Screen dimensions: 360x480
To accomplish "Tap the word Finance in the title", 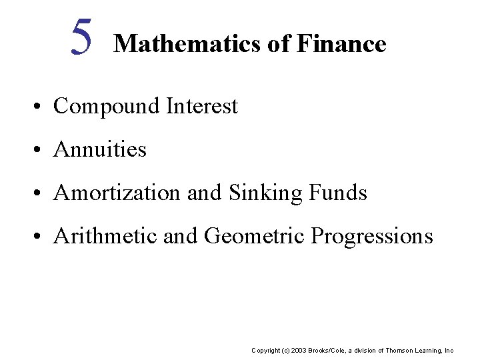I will (x=342, y=44).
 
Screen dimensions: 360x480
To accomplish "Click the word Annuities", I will (x=100, y=149).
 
